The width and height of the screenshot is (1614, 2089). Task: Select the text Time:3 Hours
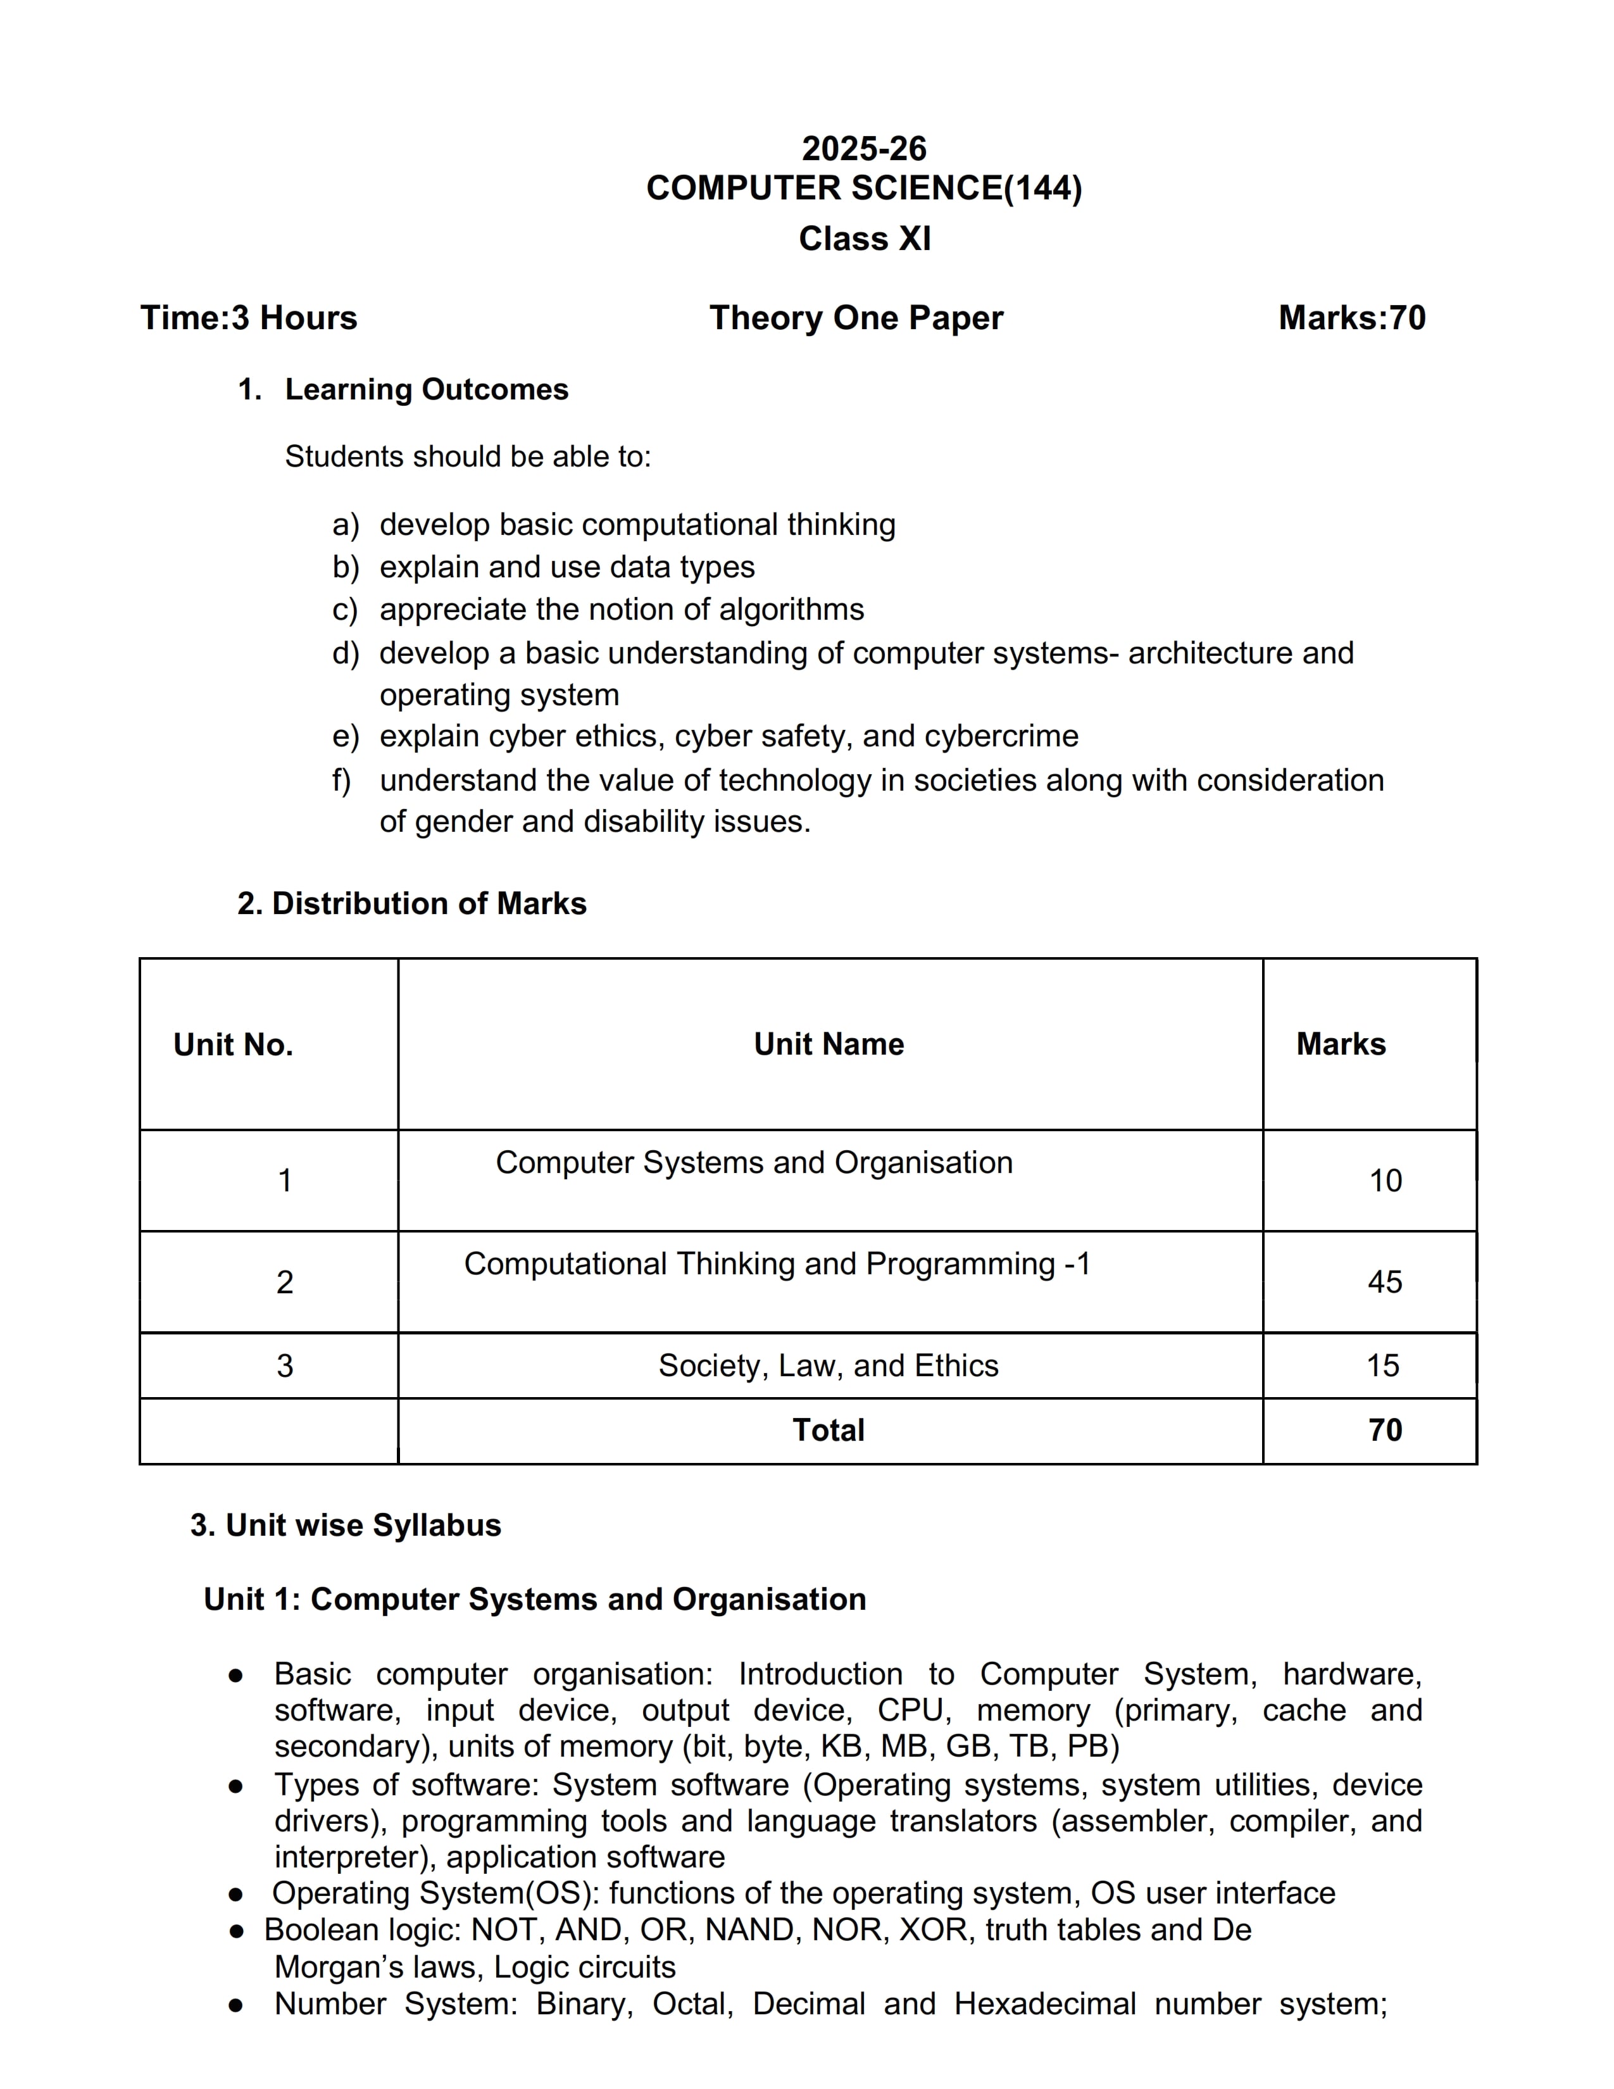coord(249,318)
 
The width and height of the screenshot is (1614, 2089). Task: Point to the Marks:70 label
coord(1351,318)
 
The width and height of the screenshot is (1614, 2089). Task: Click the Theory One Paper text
coord(856,318)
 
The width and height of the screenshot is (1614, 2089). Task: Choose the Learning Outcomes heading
coord(427,389)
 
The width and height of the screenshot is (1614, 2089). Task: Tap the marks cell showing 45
coord(1384,1282)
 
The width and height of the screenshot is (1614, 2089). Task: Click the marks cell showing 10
coord(1384,1181)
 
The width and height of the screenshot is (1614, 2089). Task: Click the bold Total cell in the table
coord(828,1430)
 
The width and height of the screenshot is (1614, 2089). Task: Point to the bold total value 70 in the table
coord(1384,1430)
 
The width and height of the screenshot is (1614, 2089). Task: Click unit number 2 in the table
coord(285,1282)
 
